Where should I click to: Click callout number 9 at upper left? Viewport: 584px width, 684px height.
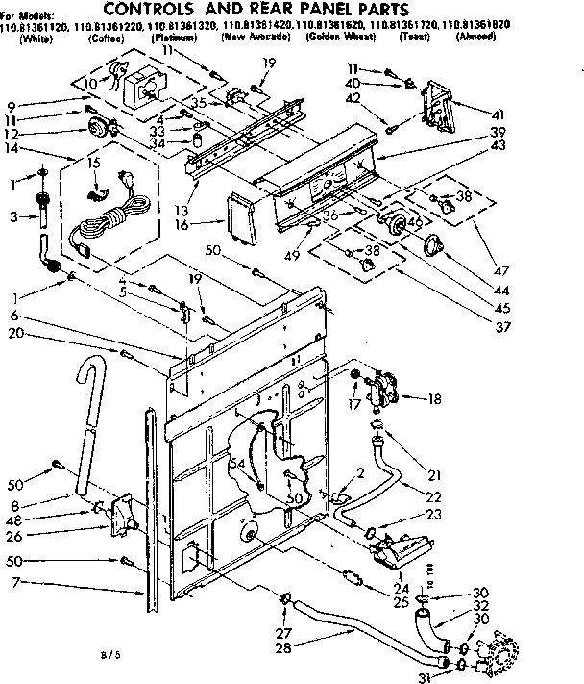(13, 104)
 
